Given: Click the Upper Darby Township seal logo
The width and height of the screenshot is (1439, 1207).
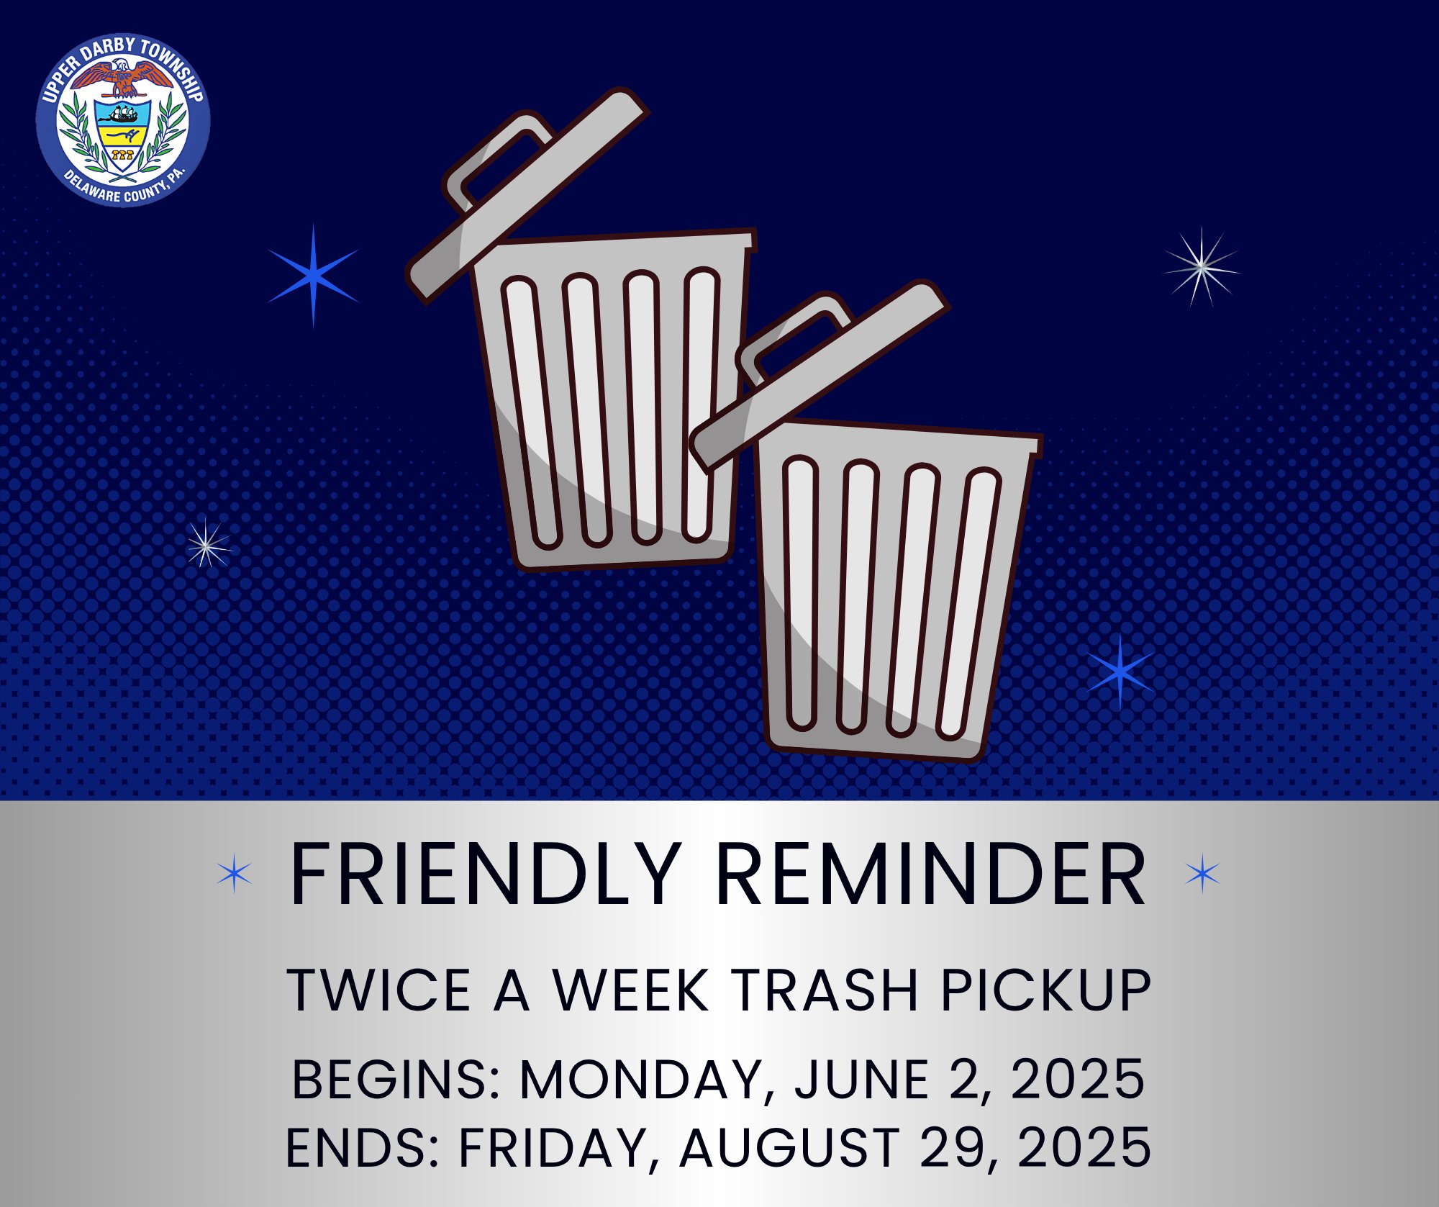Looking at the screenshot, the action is (x=123, y=119).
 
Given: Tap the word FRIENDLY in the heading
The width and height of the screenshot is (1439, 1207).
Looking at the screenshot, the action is (x=485, y=875).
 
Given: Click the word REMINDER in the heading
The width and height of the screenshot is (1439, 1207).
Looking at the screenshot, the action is (x=932, y=875).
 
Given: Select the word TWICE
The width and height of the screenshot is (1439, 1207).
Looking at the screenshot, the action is (x=379, y=990).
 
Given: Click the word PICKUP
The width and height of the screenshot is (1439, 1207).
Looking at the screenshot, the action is (x=1045, y=990).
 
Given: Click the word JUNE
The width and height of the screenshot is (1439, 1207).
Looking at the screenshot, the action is (x=863, y=1080).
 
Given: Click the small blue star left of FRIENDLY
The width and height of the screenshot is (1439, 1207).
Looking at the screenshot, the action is (x=235, y=874).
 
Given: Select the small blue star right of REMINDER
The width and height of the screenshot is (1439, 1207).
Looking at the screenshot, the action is (x=1202, y=874).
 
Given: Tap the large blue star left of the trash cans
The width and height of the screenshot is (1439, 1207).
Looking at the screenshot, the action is (x=313, y=275).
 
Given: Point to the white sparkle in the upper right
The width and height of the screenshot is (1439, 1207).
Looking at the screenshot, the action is (x=1201, y=267).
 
